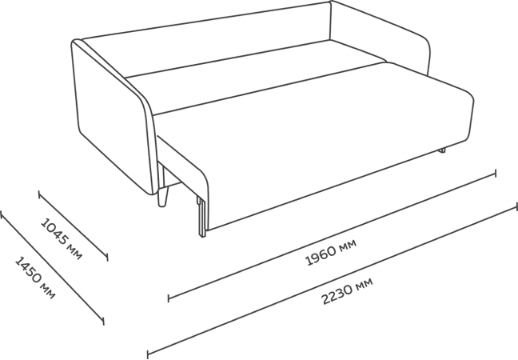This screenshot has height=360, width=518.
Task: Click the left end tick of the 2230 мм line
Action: coord(148,351)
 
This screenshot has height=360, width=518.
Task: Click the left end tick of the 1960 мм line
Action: coord(168,299)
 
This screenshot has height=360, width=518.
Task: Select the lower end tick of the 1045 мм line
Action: coord(107,259)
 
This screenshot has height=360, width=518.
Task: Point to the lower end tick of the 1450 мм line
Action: coord(104,323)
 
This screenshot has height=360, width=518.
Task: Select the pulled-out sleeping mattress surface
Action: coord(320,136)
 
